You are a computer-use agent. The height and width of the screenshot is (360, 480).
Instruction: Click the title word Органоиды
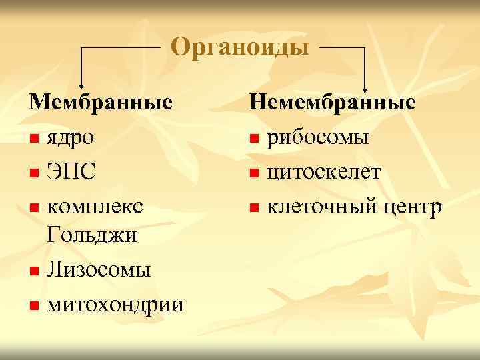tap(239, 48)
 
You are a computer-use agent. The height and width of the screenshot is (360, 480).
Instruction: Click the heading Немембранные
tap(333, 103)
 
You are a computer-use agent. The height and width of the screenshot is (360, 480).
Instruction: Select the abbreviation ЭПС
tap(71, 173)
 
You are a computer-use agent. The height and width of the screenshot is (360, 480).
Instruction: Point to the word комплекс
tap(94, 206)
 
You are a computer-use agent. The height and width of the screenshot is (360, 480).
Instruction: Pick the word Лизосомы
tap(99, 270)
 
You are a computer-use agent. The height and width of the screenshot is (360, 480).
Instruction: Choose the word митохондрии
tap(115, 305)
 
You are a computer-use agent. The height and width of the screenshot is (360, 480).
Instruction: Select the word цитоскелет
tap(324, 173)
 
